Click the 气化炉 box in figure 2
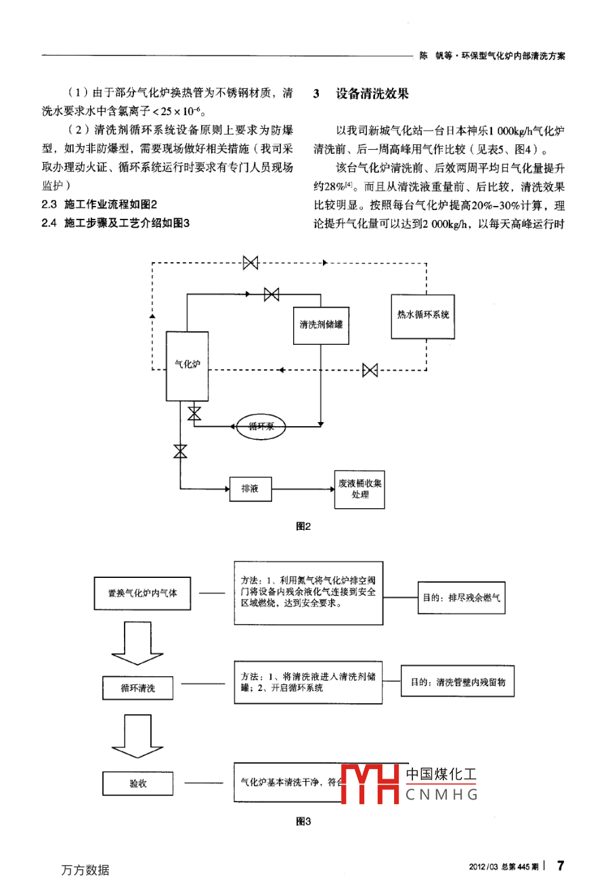(x=187, y=366)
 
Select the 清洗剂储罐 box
(x=321, y=325)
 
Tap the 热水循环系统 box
(x=422, y=315)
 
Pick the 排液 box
(x=250, y=489)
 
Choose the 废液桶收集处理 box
(x=359, y=489)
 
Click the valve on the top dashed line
(x=250, y=262)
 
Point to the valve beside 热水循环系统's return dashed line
(x=370, y=370)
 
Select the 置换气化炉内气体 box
(x=142, y=593)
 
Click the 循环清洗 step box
(x=138, y=688)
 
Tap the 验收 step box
(x=138, y=783)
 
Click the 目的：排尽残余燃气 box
(x=462, y=598)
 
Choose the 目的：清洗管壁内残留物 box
(x=458, y=682)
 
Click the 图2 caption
(x=303, y=526)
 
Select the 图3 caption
(x=303, y=822)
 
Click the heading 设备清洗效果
(x=372, y=94)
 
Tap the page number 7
(x=560, y=865)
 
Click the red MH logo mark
(x=369, y=784)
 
